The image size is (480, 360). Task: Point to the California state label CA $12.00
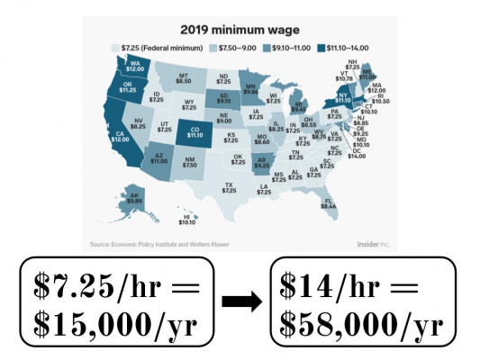coord(121,136)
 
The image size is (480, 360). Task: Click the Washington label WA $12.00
coord(135,66)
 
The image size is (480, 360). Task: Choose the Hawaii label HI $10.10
coord(187,220)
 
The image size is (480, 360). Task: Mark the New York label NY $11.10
coord(341,97)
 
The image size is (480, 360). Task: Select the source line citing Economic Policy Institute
coord(155,244)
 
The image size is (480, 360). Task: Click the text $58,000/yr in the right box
coord(359,322)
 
